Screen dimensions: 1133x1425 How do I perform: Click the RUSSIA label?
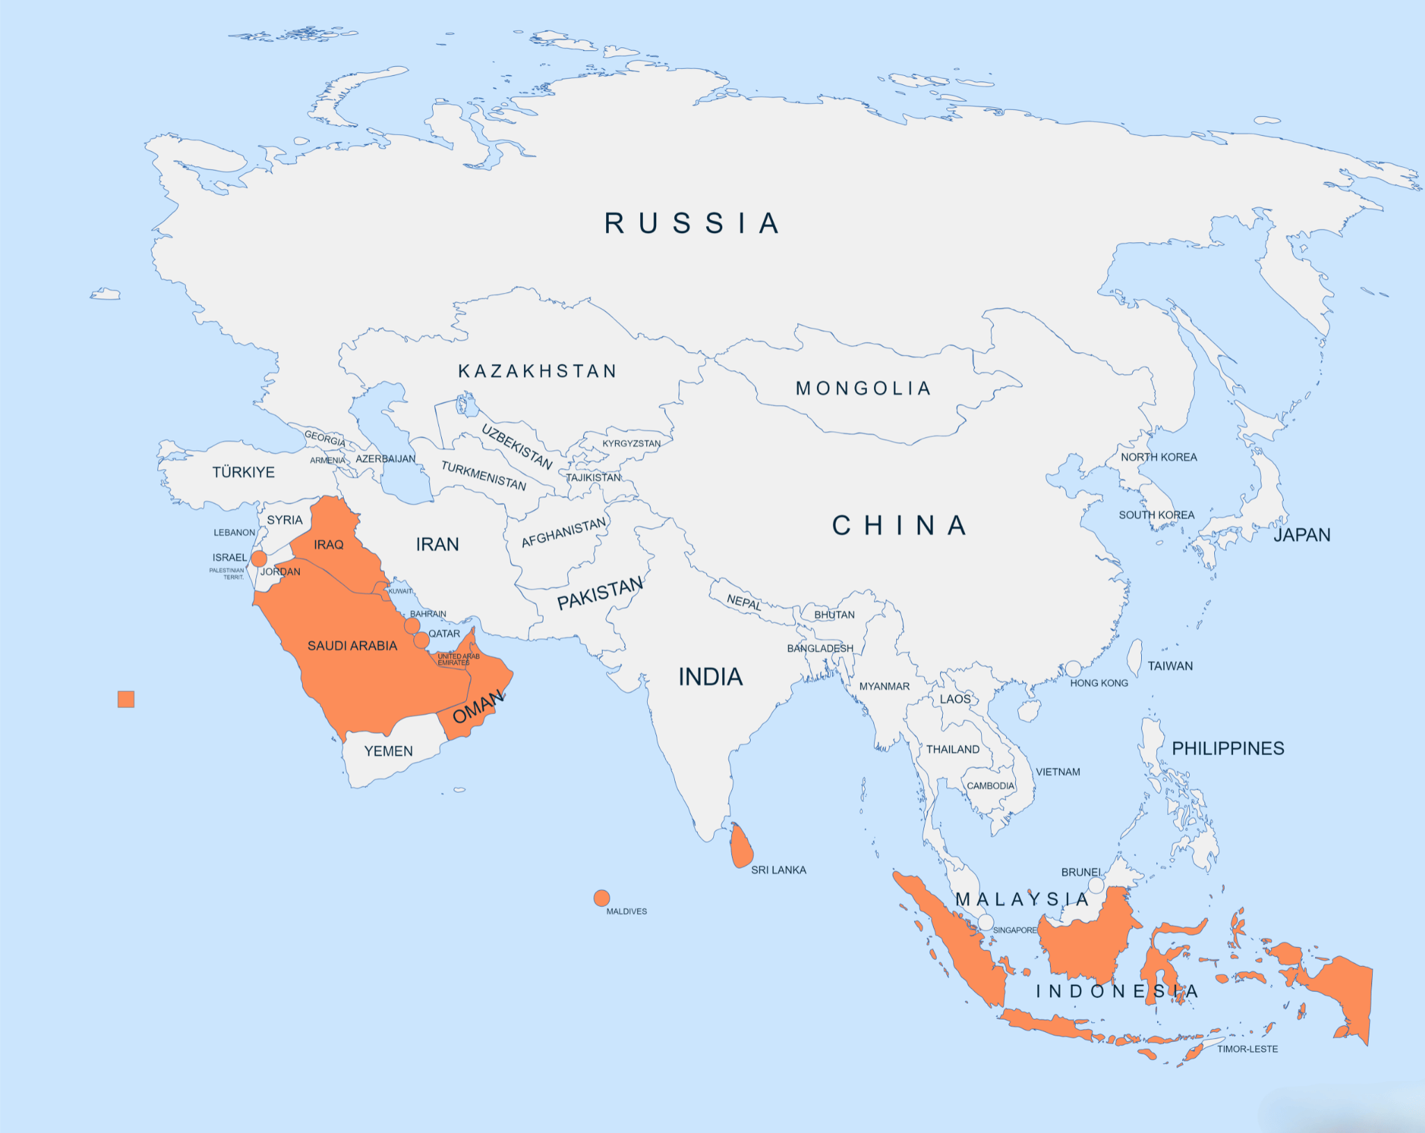coord(692,223)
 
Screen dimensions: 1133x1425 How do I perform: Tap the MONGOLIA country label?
coord(863,388)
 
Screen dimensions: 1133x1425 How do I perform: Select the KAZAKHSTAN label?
coord(537,371)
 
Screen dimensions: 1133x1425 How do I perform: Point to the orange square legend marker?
coord(126,699)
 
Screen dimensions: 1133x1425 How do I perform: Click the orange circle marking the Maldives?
coord(602,898)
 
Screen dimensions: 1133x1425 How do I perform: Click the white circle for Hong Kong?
coord(1074,669)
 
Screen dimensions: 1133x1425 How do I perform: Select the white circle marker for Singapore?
coord(985,922)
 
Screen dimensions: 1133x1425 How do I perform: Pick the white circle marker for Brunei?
coord(1096,885)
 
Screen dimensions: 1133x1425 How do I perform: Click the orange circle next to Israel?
coord(259,558)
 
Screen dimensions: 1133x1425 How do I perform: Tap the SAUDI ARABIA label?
coord(352,646)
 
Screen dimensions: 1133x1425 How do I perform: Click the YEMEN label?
coord(388,751)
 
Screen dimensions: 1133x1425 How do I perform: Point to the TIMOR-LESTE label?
coord(1247,1049)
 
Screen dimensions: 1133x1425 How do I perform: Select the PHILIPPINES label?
coord(1228,748)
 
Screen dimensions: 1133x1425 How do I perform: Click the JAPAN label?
coord(1302,534)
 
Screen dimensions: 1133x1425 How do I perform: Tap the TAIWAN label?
coord(1170,666)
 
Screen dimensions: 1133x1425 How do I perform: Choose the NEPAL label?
coord(744,602)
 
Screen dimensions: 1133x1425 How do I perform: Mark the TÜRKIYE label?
coord(244,472)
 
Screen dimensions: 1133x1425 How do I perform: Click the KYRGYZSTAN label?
coord(631,443)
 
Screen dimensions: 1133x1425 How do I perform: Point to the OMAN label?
coord(478,707)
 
